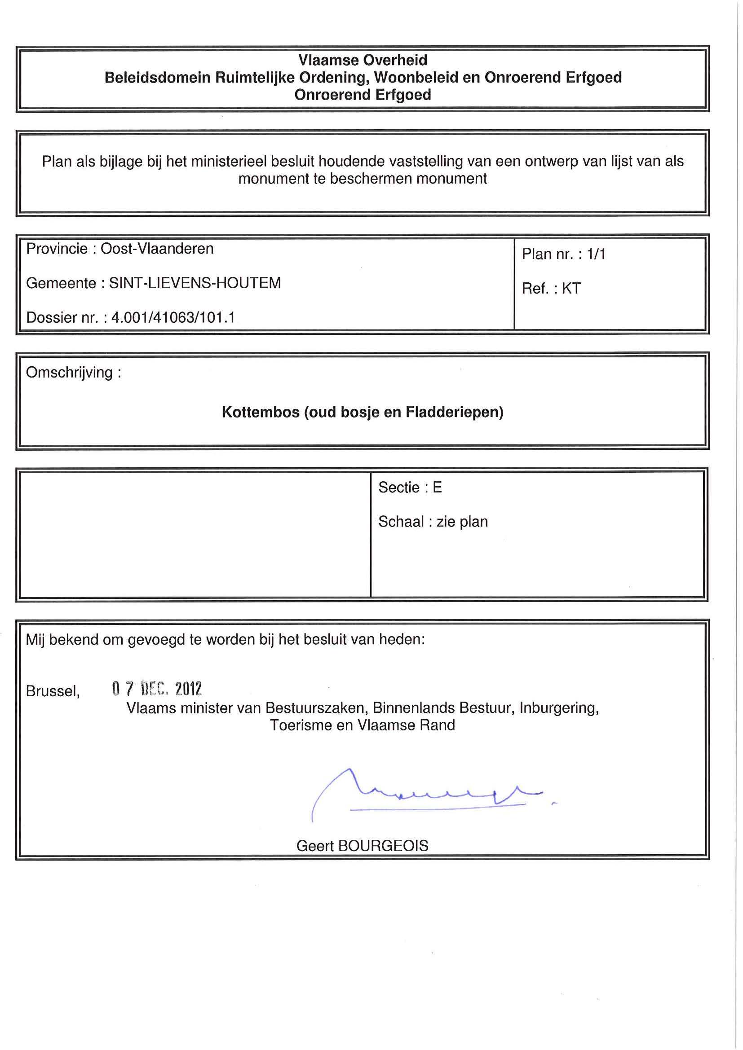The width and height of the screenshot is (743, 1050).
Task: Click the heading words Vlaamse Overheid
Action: click(x=363, y=60)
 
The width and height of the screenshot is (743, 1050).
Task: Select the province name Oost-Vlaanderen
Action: click(x=157, y=249)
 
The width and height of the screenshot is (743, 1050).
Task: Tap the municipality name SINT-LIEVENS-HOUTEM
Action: click(x=195, y=283)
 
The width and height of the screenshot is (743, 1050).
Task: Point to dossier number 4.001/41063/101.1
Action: click(x=173, y=317)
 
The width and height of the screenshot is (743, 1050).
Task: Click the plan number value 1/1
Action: click(x=596, y=254)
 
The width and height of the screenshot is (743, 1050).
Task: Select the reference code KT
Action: click(x=571, y=289)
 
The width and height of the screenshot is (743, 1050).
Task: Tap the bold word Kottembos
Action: click(x=261, y=413)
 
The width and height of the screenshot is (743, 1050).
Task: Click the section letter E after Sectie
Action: click(x=438, y=488)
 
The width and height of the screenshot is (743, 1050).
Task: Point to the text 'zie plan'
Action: click(x=462, y=522)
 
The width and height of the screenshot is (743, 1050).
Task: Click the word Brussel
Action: click(x=53, y=691)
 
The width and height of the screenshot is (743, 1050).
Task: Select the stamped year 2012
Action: click(x=189, y=689)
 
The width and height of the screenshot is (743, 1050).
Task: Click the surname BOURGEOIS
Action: click(x=383, y=846)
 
